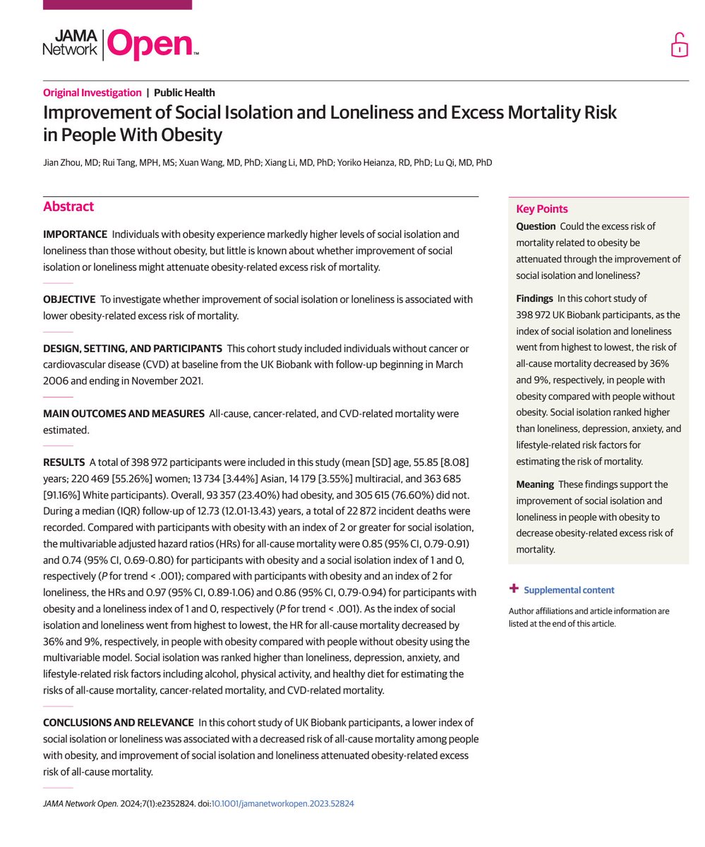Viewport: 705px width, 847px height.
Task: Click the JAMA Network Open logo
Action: (121, 44)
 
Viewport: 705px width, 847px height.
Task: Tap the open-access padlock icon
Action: (679, 44)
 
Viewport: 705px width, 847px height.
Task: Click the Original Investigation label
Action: (92, 92)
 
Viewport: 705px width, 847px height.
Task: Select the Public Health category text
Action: (184, 92)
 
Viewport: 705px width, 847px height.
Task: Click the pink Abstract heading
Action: (68, 207)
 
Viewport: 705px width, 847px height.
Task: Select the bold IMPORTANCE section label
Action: (75, 234)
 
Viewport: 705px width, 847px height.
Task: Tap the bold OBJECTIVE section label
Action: (69, 299)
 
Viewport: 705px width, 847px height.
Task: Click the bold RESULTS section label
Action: (64, 462)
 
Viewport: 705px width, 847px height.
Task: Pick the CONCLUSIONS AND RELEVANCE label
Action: (118, 722)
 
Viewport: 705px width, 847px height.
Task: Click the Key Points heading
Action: (542, 209)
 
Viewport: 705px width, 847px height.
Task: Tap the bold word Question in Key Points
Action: (536, 227)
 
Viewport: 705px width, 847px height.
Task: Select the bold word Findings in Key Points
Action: (534, 299)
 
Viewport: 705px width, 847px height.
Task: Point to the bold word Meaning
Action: (534, 484)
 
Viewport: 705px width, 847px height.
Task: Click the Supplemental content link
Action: (569, 590)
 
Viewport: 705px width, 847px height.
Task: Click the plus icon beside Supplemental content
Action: (514, 589)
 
